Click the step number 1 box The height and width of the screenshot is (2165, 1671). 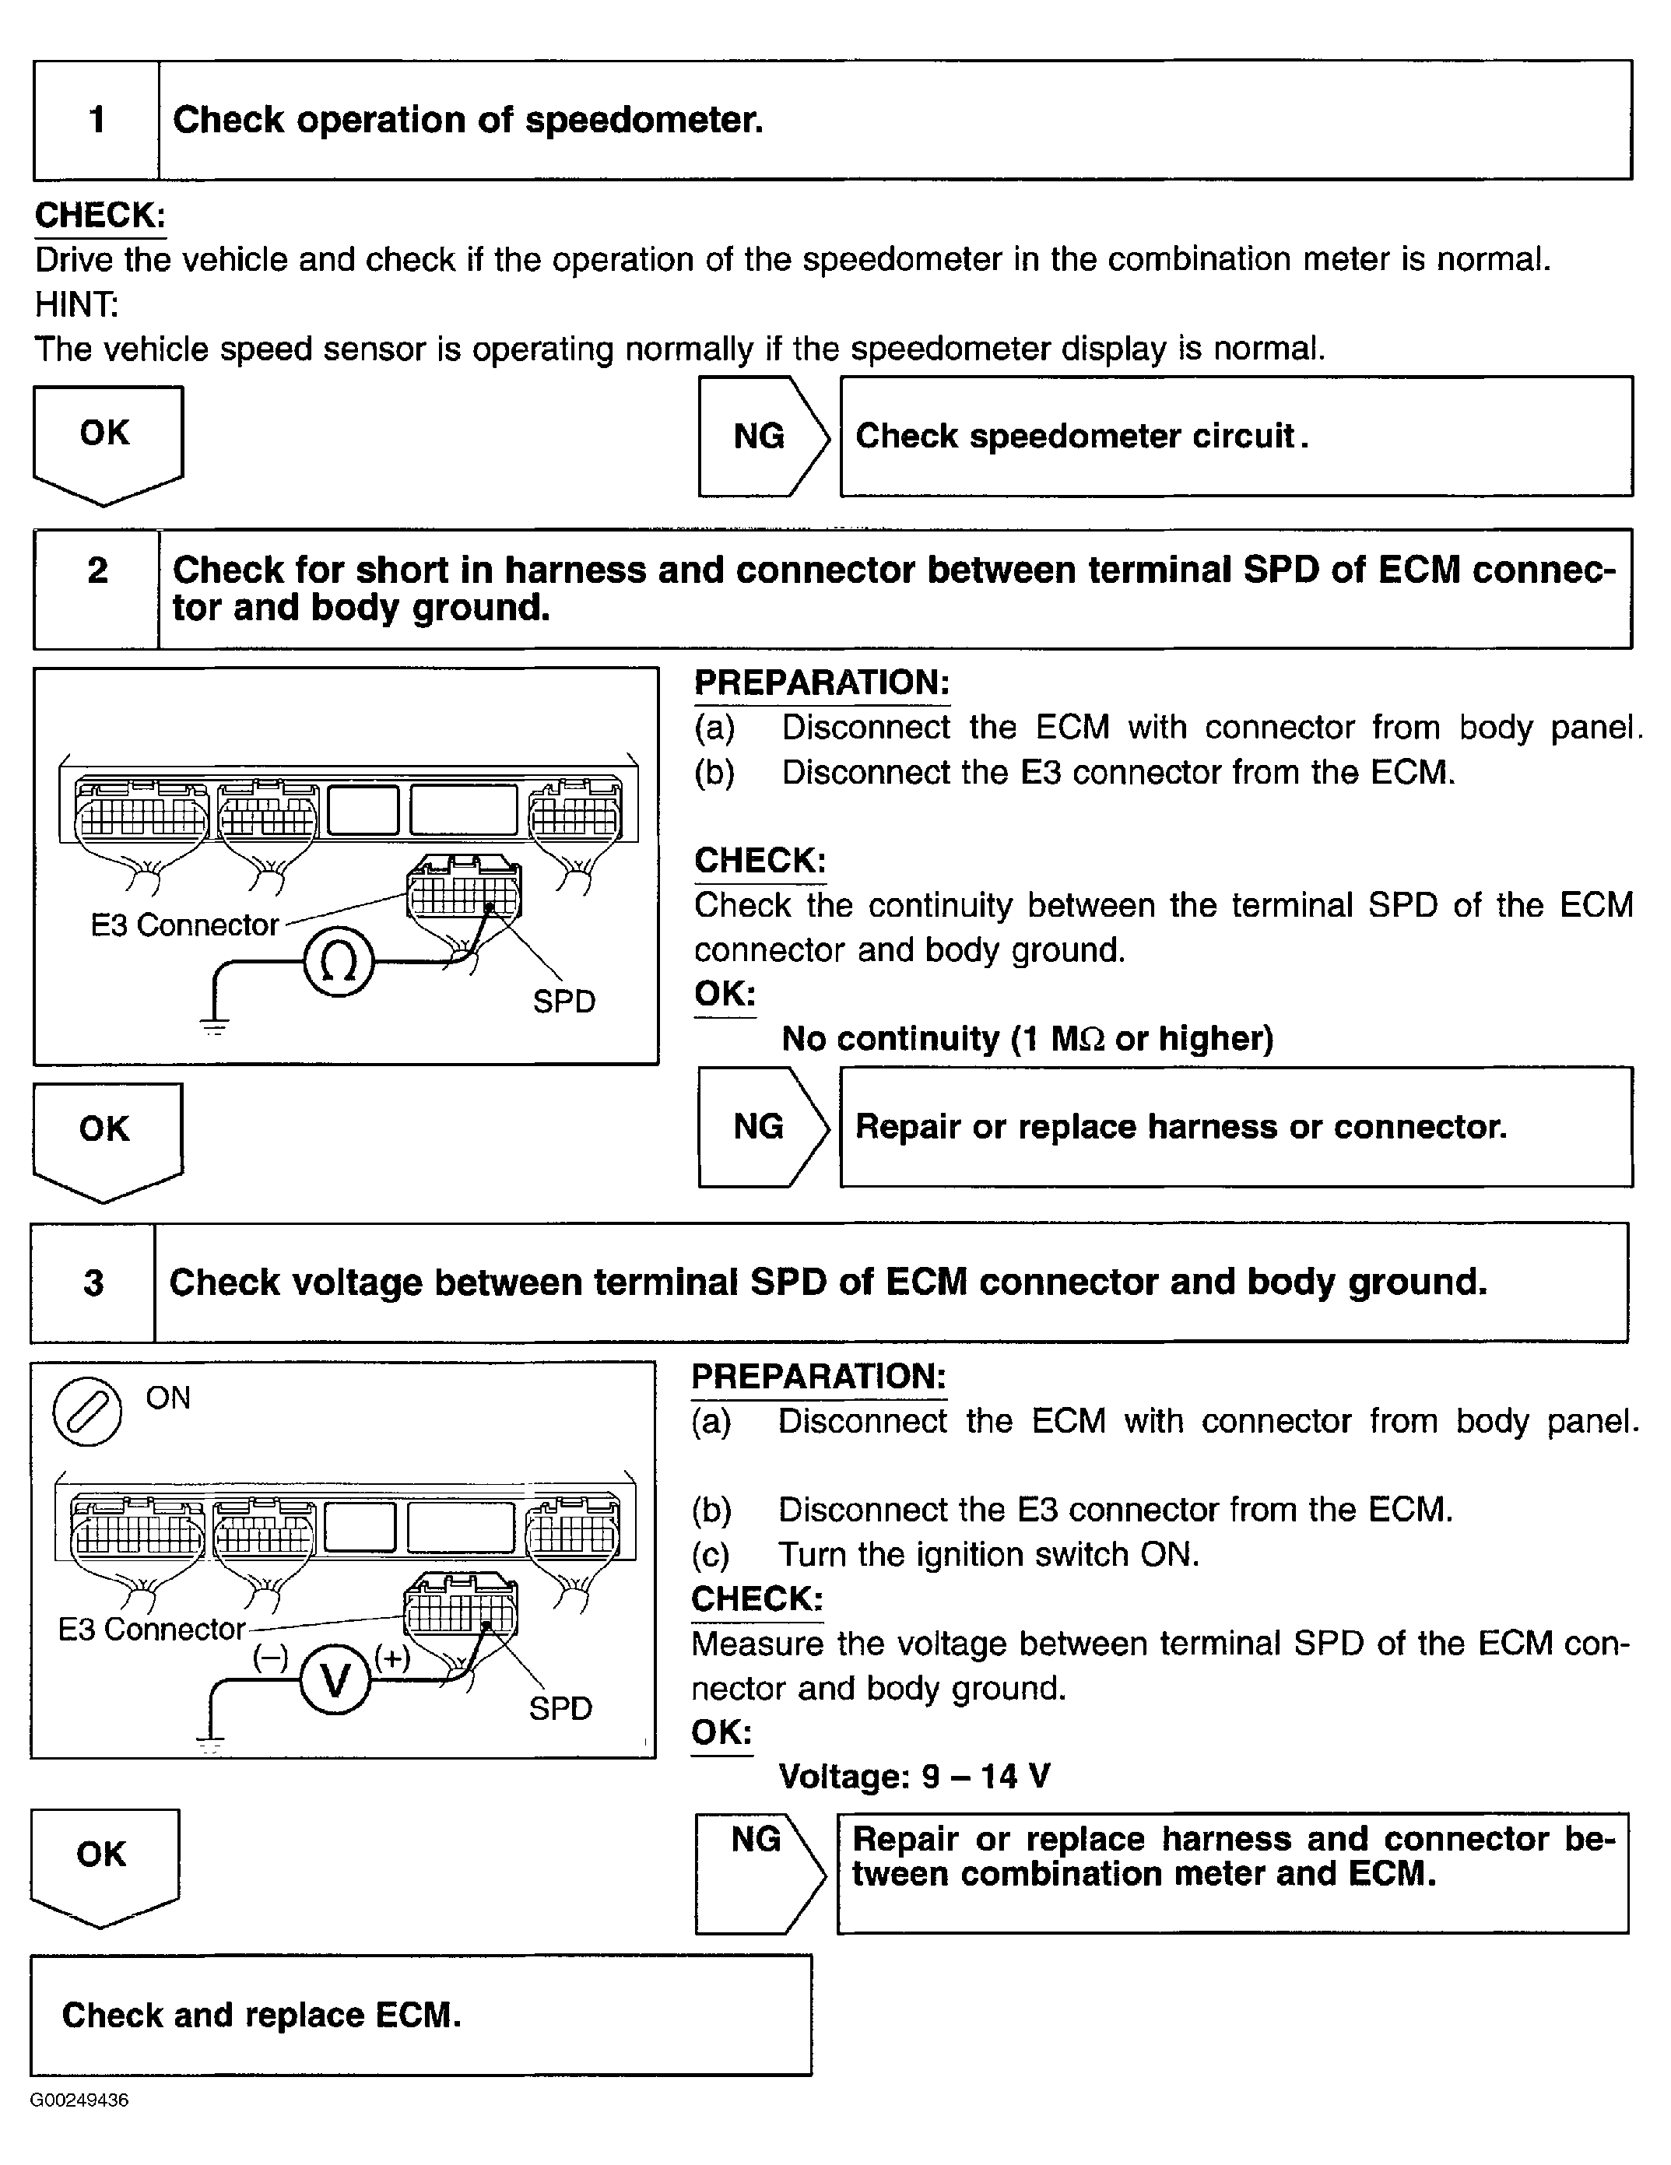(x=97, y=120)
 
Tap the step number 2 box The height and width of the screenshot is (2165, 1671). (x=97, y=589)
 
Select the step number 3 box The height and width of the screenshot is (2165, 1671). (x=93, y=1282)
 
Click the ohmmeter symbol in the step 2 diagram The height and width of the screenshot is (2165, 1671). (x=338, y=963)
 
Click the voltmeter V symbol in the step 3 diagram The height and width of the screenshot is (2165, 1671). (x=335, y=1679)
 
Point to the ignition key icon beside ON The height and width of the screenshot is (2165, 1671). (x=87, y=1412)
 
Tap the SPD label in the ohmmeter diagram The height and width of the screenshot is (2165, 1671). (x=563, y=1002)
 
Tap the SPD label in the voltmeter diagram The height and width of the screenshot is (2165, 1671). (x=560, y=1708)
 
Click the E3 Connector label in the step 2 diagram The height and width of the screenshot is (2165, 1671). (x=184, y=925)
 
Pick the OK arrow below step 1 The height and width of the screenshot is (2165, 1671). (x=107, y=441)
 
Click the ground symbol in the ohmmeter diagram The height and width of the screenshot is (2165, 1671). (x=214, y=1026)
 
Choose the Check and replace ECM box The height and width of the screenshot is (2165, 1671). (x=420, y=2016)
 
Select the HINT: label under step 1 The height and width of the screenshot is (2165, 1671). (x=76, y=304)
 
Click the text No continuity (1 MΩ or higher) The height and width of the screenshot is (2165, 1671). (x=1027, y=1038)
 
